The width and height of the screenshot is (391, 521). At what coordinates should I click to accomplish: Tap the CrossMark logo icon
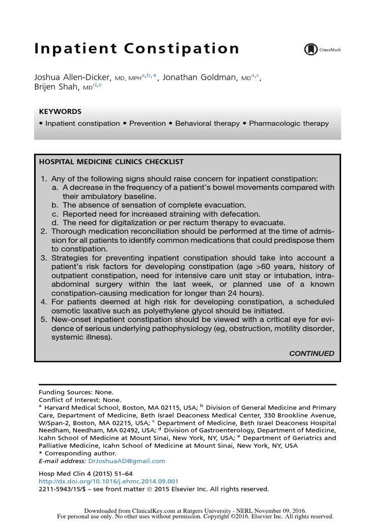coord(311,49)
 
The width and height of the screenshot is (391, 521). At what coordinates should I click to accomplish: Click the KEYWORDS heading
coord(60,112)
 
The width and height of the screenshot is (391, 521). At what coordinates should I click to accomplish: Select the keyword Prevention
coord(147,124)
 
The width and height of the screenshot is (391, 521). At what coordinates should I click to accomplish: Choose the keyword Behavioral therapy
coord(207,124)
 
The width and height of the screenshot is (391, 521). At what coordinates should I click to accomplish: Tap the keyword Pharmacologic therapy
coord(289,124)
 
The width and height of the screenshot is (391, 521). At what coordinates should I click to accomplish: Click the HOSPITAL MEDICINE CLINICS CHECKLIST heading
coord(111,162)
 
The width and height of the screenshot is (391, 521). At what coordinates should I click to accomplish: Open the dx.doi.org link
coord(108,481)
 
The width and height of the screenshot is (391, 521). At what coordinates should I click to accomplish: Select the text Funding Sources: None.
coord(76,392)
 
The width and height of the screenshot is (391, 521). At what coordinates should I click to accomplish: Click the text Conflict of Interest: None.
coord(80,400)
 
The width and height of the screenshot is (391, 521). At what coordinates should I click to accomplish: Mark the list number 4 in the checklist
coord(44,302)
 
